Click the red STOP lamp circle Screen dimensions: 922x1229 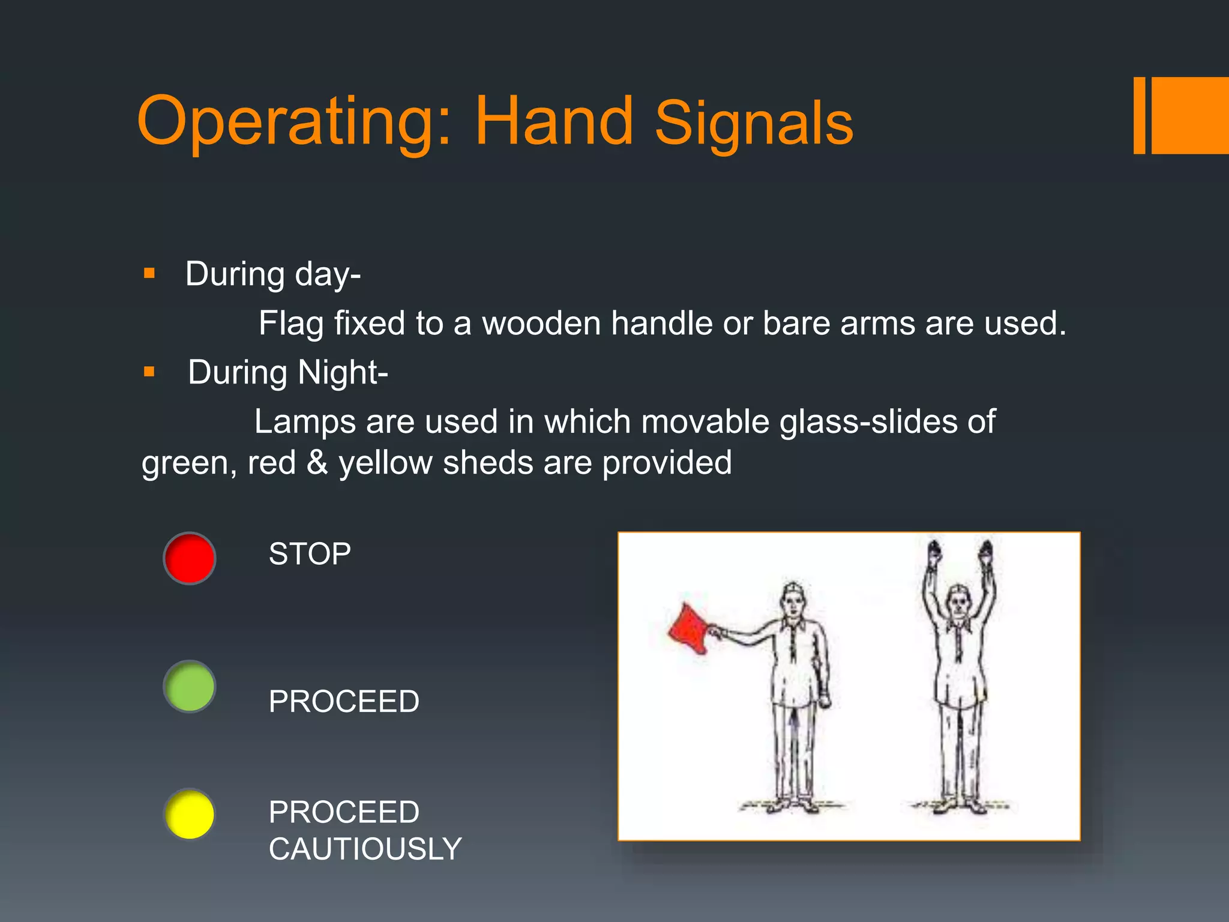[190, 558]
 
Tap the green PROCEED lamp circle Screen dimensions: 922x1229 [190, 686]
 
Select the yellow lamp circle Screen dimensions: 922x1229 [190, 815]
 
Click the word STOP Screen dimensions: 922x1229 [310, 553]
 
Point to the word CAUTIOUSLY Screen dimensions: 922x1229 [365, 849]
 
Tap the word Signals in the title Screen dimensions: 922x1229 [754, 123]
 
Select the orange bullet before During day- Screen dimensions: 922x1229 [149, 274]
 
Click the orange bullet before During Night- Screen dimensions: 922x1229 [149, 372]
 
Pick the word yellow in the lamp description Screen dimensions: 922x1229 [385, 463]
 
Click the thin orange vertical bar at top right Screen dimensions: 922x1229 [1140, 115]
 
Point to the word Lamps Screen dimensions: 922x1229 [305, 421]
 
